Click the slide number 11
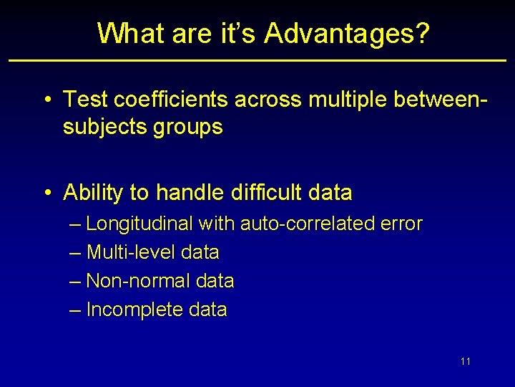click(x=466, y=361)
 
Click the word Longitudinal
click(x=139, y=224)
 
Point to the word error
click(x=401, y=224)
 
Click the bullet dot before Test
click(x=46, y=99)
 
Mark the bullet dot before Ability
click(x=46, y=193)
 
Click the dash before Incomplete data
click(x=77, y=310)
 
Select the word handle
click(x=190, y=193)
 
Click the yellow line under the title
click(x=257, y=60)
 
